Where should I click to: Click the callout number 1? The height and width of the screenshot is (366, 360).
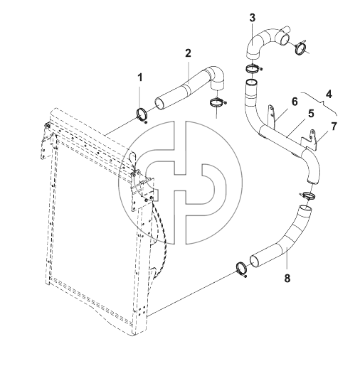140,77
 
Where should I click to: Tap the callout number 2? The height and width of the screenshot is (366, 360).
188,53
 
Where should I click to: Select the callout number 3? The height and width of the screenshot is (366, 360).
253,18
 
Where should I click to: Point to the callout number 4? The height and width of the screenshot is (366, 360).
329,95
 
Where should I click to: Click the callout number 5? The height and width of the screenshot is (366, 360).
311,114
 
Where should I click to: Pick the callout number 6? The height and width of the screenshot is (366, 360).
295,102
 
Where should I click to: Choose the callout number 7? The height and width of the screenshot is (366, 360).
334,127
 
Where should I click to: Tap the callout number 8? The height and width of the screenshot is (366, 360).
287,278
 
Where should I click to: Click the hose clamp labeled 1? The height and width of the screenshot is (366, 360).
142,115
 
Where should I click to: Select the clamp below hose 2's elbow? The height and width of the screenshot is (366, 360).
216,102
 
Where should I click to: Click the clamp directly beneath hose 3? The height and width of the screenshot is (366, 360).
253,69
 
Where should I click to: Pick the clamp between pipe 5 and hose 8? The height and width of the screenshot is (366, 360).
307,195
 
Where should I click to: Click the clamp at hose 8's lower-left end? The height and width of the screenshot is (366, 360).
242,269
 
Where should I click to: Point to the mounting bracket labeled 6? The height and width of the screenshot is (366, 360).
272,117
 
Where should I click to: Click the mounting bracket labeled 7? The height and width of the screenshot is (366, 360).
310,140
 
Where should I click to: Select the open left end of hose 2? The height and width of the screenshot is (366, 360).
159,104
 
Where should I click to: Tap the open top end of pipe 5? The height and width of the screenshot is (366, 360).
251,83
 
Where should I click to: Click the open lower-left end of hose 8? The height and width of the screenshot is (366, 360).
254,262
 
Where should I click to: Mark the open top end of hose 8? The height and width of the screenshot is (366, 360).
305,209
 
